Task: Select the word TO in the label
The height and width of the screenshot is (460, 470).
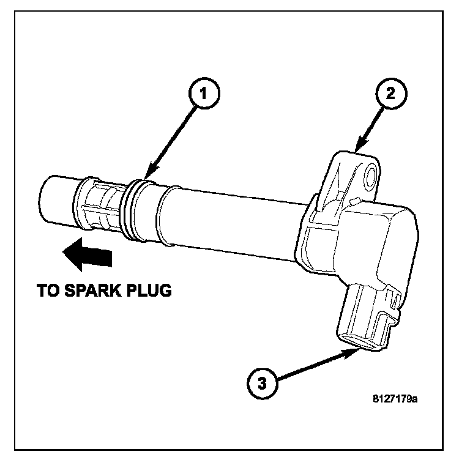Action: click(49, 290)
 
